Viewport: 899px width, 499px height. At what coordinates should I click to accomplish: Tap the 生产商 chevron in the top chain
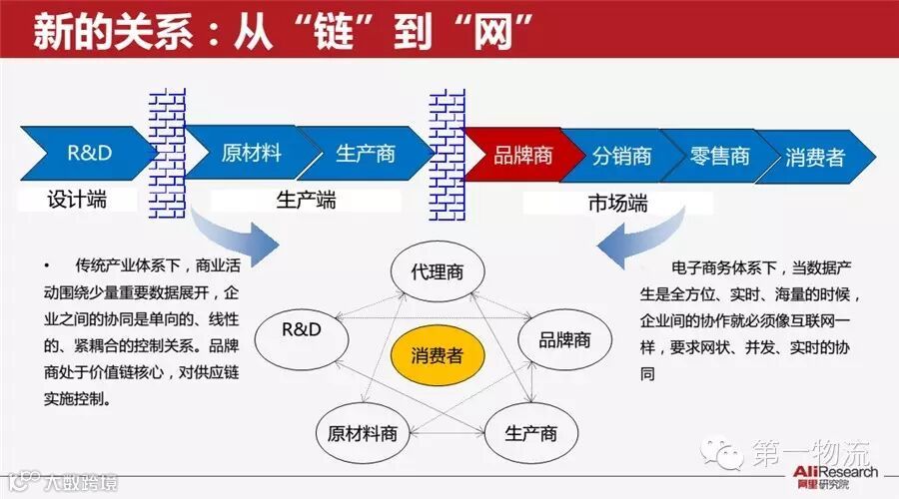point(365,155)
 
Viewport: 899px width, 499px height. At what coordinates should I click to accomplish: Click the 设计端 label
point(77,200)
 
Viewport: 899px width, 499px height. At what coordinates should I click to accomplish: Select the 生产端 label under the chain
point(306,201)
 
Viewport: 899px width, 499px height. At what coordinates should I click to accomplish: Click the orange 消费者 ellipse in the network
point(436,355)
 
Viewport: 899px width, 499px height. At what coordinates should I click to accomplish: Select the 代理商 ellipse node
point(437,272)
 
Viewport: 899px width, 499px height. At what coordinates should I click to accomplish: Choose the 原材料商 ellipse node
point(363,433)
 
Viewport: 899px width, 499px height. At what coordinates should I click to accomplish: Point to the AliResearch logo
point(836,475)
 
